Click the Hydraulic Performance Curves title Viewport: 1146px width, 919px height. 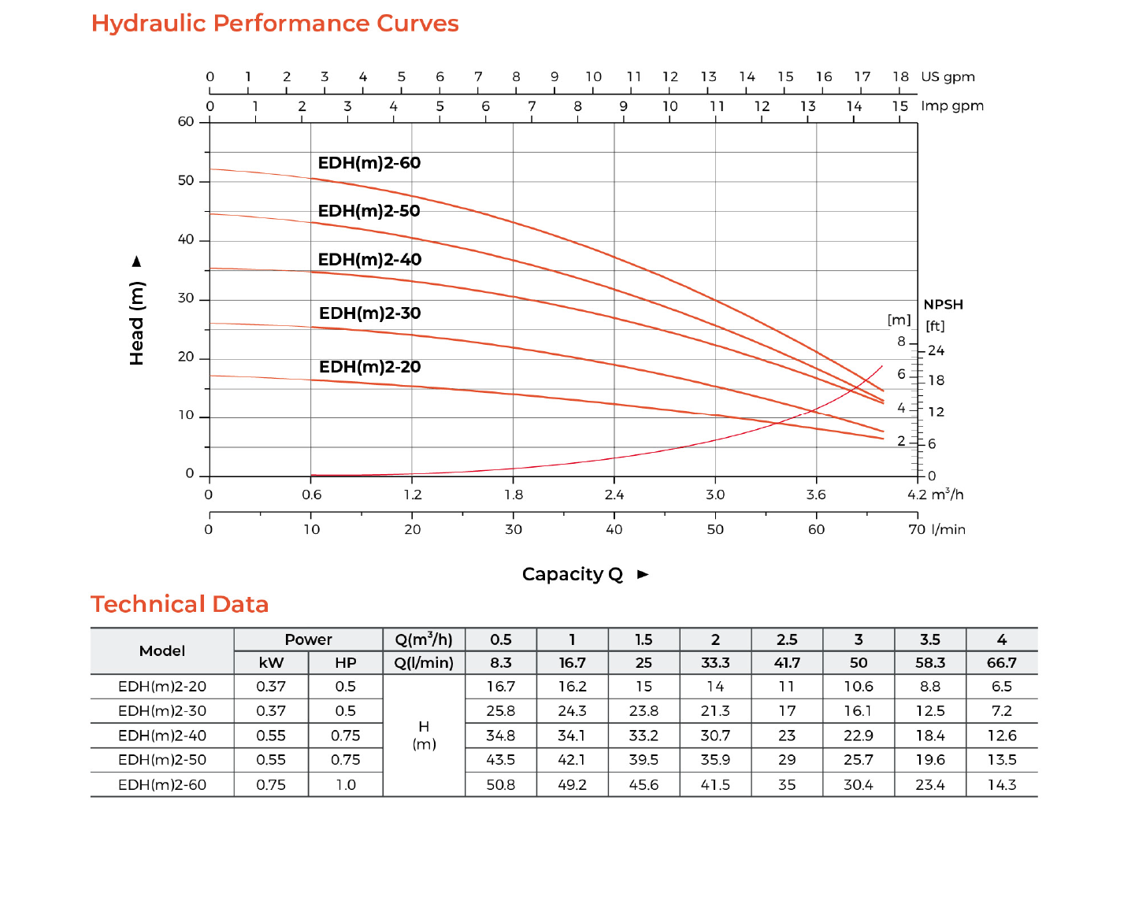coord(275,24)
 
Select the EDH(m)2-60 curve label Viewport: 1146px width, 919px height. coord(369,163)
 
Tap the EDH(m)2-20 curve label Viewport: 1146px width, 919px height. coord(369,367)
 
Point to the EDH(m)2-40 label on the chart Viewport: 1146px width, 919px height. coord(369,260)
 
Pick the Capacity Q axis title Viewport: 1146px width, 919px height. coord(573,575)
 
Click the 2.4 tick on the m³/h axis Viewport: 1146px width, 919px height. coord(614,495)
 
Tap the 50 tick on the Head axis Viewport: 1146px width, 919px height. coord(186,180)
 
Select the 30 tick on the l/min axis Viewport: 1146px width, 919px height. coord(514,529)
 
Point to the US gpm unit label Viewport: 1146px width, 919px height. coord(948,76)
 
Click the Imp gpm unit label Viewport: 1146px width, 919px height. coord(952,106)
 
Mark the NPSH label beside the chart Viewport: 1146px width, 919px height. coord(943,305)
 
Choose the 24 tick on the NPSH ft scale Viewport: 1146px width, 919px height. coord(936,350)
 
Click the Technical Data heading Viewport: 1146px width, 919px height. coord(180,604)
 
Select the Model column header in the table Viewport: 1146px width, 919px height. coord(162,650)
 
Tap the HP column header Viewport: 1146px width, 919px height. coord(345,663)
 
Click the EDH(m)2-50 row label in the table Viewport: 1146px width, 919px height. coord(162,760)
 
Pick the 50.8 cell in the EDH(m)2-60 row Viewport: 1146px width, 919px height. coord(501,785)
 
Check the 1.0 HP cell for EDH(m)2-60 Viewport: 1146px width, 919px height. coord(345,785)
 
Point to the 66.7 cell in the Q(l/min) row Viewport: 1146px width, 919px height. coord(1001,663)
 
